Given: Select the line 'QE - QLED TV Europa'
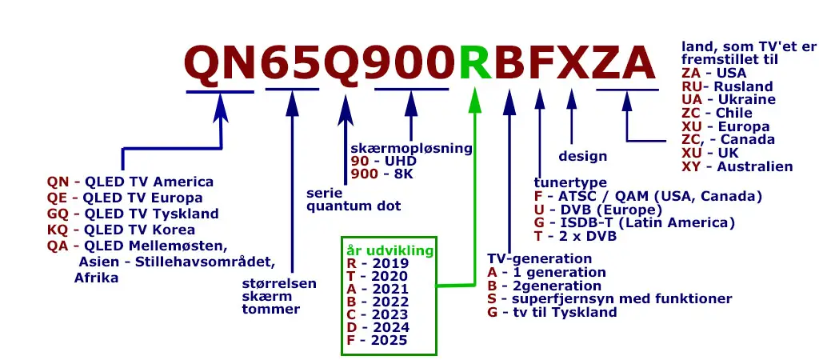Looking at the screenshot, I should (x=125, y=198).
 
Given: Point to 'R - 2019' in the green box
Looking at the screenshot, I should (x=378, y=263).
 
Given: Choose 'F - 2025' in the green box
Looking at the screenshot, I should (x=377, y=340).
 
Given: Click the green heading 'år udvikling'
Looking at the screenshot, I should (x=388, y=250).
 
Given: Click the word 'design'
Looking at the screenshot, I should (x=582, y=156).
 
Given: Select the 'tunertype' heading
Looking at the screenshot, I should (x=569, y=183).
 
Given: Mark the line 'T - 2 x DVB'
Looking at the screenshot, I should (x=575, y=235).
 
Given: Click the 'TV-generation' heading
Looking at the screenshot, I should (x=539, y=259).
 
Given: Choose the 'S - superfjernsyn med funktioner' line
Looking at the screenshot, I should (x=609, y=298).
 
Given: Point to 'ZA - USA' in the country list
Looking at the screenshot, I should (x=713, y=74).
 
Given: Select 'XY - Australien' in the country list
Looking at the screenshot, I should (x=737, y=166).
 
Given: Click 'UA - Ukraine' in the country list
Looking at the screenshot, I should (x=728, y=99).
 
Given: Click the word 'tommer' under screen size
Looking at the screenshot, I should (x=271, y=310).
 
